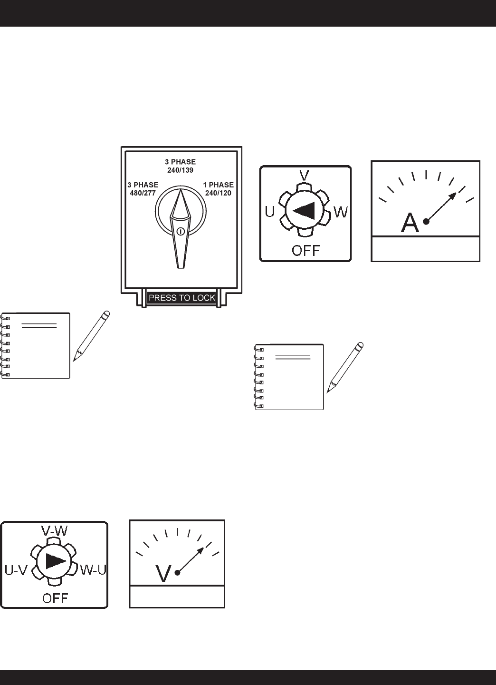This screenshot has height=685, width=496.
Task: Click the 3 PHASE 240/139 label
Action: [180, 166]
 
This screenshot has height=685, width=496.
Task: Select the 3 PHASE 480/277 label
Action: [143, 188]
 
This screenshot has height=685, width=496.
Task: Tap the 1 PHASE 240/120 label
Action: [218, 188]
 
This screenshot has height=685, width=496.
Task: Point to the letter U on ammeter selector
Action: [269, 212]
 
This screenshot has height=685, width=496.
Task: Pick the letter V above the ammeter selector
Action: [305, 175]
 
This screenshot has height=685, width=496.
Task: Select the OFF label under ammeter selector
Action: [305, 250]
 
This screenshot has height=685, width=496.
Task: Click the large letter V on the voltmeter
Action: [163, 574]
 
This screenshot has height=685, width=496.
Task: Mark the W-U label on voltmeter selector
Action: [93, 569]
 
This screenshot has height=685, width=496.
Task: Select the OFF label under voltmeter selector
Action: [55, 597]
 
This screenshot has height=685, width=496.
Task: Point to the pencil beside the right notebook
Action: [345, 367]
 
